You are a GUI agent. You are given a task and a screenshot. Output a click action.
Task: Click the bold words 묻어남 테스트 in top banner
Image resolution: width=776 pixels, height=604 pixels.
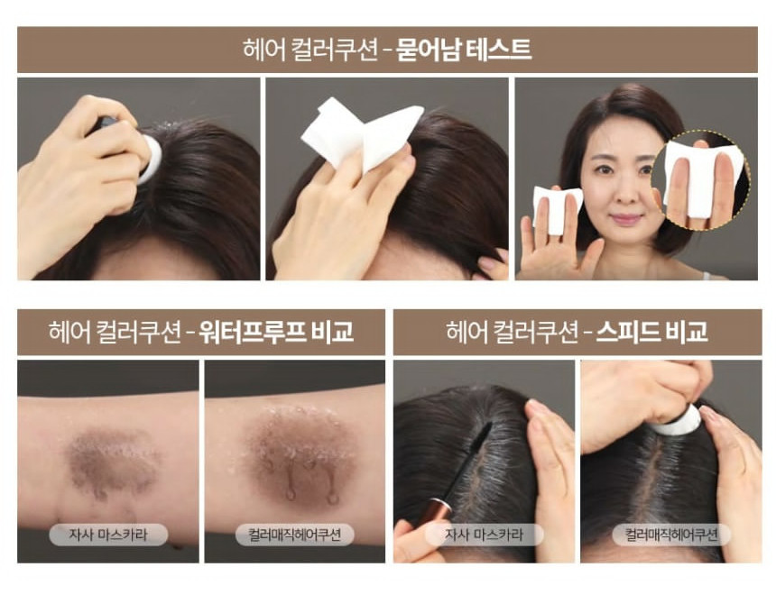point(464,50)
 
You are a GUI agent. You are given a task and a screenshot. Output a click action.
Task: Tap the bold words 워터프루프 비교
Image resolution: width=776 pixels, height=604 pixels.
point(276,332)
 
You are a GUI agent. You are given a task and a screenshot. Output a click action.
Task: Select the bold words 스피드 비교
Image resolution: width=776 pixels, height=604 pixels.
point(651,332)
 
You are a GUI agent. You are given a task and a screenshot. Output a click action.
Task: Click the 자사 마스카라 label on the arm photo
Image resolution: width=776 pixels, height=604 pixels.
point(108,535)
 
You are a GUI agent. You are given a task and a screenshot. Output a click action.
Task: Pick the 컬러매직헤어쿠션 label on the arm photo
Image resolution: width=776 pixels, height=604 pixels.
point(295,535)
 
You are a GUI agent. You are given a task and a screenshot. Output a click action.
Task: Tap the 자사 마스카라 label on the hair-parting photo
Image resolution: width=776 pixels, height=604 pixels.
point(484,535)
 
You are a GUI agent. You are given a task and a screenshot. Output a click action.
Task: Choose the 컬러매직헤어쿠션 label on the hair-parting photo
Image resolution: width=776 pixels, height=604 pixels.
point(671,535)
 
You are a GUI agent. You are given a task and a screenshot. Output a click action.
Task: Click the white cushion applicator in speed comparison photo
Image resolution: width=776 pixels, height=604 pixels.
point(677,420)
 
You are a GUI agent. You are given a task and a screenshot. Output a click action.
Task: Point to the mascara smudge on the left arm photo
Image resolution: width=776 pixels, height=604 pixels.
point(111,460)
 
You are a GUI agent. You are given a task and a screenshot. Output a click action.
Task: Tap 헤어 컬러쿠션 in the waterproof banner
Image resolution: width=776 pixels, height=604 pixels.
point(115,332)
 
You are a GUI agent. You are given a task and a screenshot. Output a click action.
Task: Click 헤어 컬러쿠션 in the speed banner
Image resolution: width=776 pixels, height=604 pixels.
point(512,332)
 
